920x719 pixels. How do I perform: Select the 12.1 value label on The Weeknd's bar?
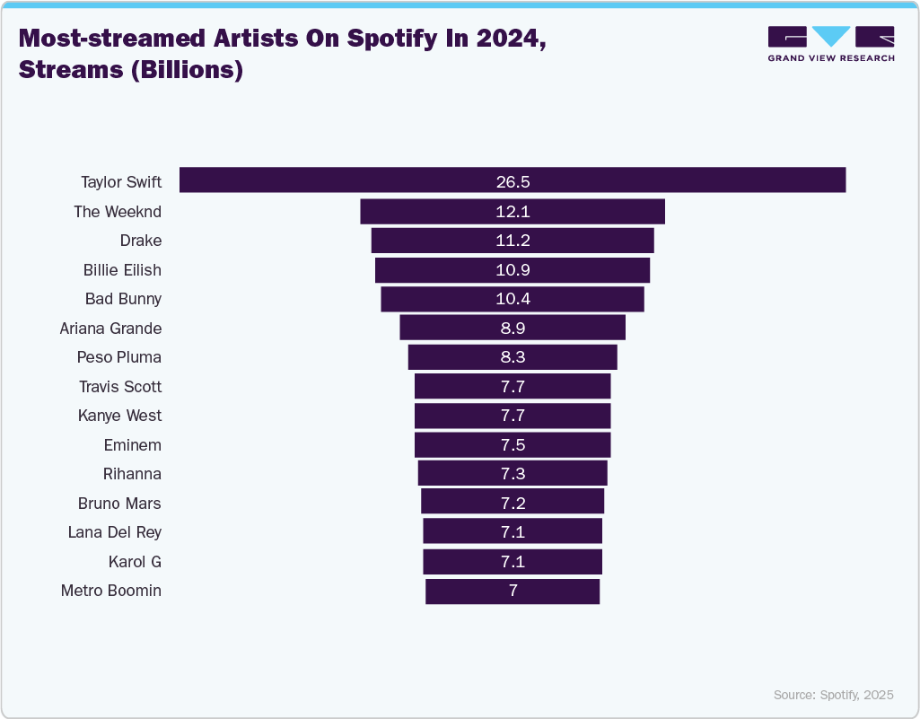513,212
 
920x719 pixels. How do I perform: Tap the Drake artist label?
140,241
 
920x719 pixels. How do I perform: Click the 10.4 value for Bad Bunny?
513,299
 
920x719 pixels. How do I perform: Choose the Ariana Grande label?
110,329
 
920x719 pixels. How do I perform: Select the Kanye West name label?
120,416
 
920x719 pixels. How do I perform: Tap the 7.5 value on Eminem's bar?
513,445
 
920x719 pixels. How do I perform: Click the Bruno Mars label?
119,504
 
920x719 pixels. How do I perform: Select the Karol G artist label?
135,562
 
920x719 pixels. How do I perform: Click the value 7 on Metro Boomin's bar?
513,591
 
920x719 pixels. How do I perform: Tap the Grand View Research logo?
831,43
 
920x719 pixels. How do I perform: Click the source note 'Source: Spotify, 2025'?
833,695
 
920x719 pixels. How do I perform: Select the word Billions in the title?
187,70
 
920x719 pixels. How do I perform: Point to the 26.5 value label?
513,182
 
